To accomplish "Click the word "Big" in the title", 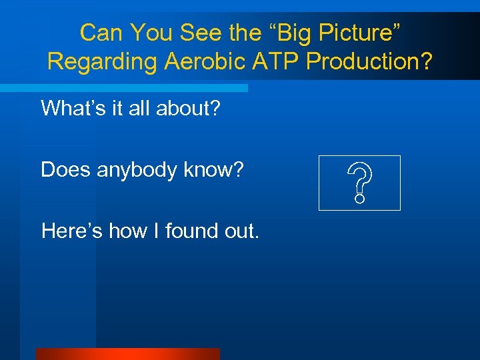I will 281,32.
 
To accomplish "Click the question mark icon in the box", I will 359,183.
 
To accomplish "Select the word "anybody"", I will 139,171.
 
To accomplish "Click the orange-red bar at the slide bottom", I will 127,354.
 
